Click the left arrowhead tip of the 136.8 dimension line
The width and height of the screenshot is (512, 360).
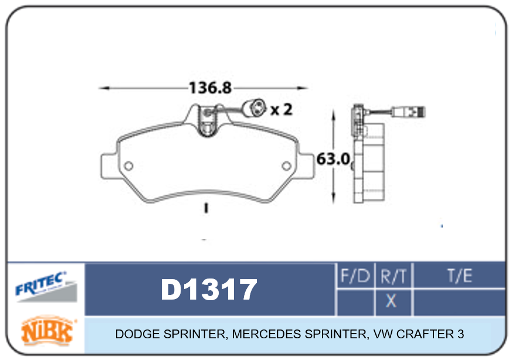[99, 88]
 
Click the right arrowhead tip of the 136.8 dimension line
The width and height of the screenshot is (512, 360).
[308, 88]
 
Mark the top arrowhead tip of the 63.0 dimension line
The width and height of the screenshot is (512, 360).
[333, 109]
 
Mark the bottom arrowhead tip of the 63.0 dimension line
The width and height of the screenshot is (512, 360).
[333, 204]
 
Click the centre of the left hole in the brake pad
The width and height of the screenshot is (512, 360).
[128, 166]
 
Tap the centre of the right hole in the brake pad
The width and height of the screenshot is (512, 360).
[286, 166]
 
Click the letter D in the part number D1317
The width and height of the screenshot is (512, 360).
[171, 289]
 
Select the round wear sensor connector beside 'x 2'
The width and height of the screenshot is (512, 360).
[255, 108]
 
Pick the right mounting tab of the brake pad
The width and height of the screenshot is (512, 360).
[306, 166]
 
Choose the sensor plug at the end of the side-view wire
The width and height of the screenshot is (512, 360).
[408, 112]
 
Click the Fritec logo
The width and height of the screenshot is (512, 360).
[46, 286]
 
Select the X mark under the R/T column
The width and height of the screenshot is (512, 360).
[391, 301]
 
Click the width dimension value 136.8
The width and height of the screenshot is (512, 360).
[211, 88]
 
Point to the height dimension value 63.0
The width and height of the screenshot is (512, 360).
[333, 159]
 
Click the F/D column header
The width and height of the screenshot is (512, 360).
[355, 276]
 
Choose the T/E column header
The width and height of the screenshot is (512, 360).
[460, 276]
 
